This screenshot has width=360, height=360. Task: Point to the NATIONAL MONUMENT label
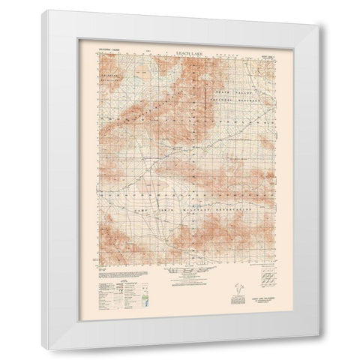click(x=237, y=98)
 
